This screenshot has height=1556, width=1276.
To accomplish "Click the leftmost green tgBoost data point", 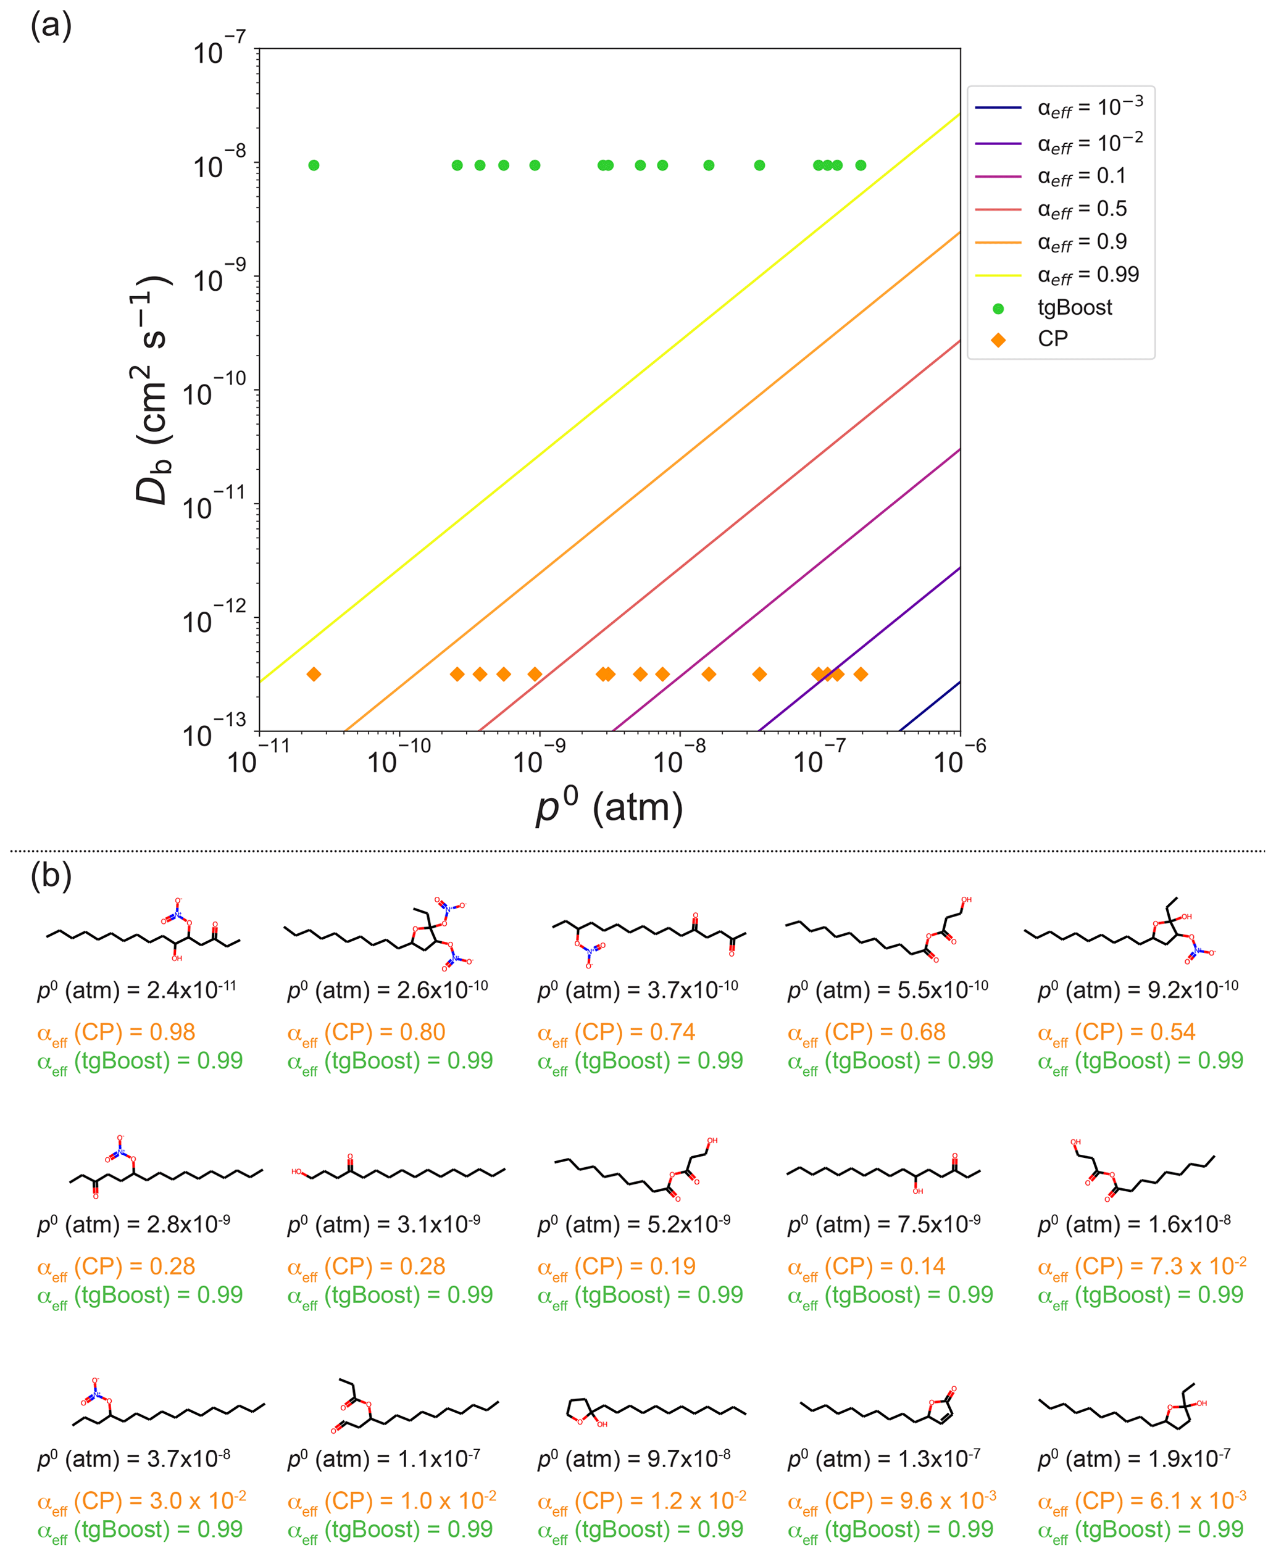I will [314, 165].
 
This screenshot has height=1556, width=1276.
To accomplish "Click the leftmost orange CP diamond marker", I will [314, 674].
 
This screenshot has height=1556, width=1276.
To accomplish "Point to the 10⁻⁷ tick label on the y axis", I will [219, 50].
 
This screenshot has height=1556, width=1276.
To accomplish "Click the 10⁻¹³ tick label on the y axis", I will [214, 733].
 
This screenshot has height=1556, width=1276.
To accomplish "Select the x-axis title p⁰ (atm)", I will [609, 806].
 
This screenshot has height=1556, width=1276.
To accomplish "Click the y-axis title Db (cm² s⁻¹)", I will [152, 389].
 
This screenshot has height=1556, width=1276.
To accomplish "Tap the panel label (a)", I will [51, 26].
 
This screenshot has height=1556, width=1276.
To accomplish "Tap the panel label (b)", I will [51, 875].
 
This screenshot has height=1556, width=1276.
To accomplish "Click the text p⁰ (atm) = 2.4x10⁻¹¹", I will [136, 989].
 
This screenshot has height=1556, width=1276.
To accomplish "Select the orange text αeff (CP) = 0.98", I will [116, 1032].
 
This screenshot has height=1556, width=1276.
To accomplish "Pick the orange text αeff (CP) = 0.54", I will [1117, 1032].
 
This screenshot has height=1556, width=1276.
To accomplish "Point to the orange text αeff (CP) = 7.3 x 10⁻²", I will [1141, 1267].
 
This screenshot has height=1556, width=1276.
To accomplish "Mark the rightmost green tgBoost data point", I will [861, 165].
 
